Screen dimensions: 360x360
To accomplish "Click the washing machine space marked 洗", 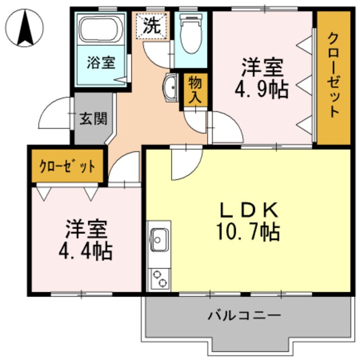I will click(150, 25).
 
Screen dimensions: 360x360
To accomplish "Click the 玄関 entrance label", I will click(90, 119).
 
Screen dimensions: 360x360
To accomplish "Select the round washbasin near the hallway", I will click(170, 87).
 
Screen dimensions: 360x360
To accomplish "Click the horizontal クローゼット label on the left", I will click(67, 166).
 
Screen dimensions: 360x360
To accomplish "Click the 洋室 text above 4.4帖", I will click(86, 229).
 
